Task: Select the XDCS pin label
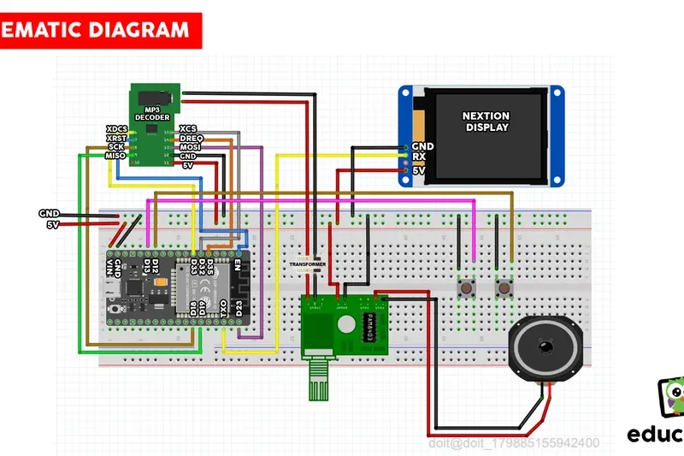coord(117,128)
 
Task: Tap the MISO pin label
coord(116,156)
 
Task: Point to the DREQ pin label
coord(191,138)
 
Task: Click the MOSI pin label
coord(190,147)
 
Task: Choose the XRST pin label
coord(117,138)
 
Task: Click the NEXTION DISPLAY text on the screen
coord(486,121)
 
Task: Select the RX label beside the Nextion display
coord(419,157)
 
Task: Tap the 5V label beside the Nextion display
coord(419,170)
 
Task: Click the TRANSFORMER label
coord(306,264)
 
